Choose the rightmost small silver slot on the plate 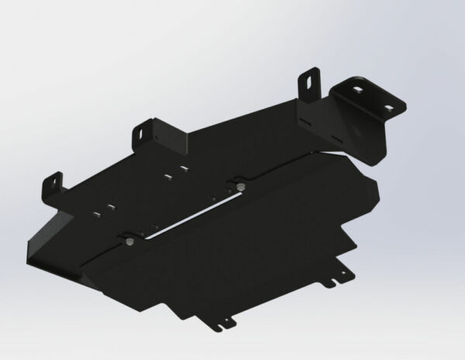[x=184, y=168]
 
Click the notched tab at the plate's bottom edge [x=226, y=320]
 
